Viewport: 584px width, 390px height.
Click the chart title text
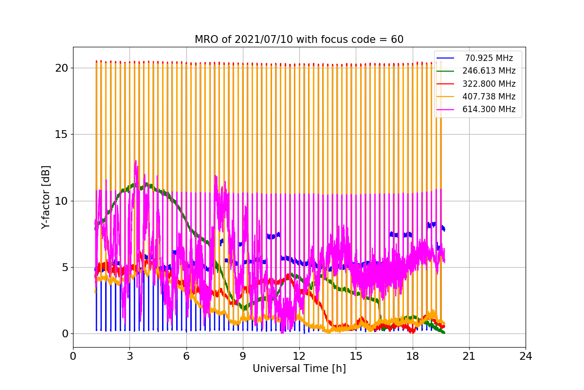[299, 39]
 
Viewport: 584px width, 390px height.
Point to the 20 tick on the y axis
[61, 68]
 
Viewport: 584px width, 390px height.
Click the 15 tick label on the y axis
[61, 135]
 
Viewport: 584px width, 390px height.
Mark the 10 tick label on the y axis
[61, 201]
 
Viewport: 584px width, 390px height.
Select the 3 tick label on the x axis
[129, 356]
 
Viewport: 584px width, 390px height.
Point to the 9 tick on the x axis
[243, 356]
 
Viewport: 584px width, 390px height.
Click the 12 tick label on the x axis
[299, 356]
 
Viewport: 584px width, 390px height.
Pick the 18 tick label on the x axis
[412, 356]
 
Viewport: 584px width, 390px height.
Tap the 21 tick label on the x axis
[469, 356]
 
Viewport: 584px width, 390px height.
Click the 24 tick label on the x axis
[525, 356]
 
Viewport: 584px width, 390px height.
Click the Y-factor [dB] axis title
[46, 197]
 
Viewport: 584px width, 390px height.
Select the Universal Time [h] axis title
[299, 369]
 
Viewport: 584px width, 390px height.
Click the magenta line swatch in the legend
[445, 109]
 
